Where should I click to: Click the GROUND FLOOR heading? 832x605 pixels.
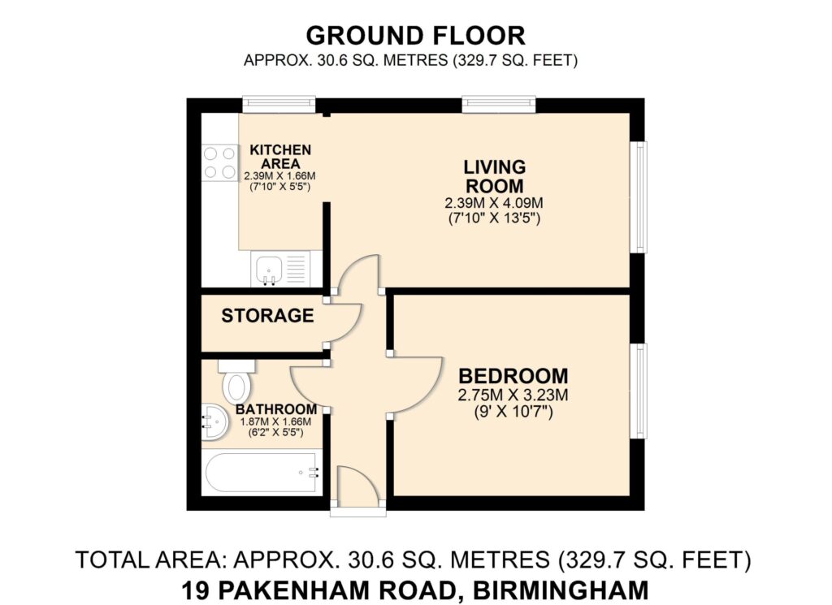[415, 36]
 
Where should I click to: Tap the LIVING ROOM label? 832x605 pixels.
[495, 176]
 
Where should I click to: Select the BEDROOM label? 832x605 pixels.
[513, 376]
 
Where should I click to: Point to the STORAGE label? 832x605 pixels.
[267, 315]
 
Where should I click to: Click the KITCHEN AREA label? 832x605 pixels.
[280, 157]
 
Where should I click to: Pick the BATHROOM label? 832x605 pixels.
[276, 409]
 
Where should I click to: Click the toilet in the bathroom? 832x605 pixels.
[236, 381]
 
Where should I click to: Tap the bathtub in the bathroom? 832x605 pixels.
[262, 472]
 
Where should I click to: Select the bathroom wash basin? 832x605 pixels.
[214, 422]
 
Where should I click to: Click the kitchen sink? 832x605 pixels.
[280, 268]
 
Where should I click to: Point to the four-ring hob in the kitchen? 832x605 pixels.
[219, 162]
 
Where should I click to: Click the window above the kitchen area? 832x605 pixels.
[279, 104]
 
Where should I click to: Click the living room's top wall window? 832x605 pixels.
[499, 104]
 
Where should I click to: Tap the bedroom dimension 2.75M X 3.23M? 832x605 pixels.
[513, 395]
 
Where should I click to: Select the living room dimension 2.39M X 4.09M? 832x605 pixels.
[494, 203]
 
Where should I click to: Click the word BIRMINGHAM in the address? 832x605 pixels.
[561, 590]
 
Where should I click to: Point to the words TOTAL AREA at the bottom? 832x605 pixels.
[151, 560]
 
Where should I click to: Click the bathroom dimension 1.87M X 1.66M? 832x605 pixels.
[276, 422]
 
